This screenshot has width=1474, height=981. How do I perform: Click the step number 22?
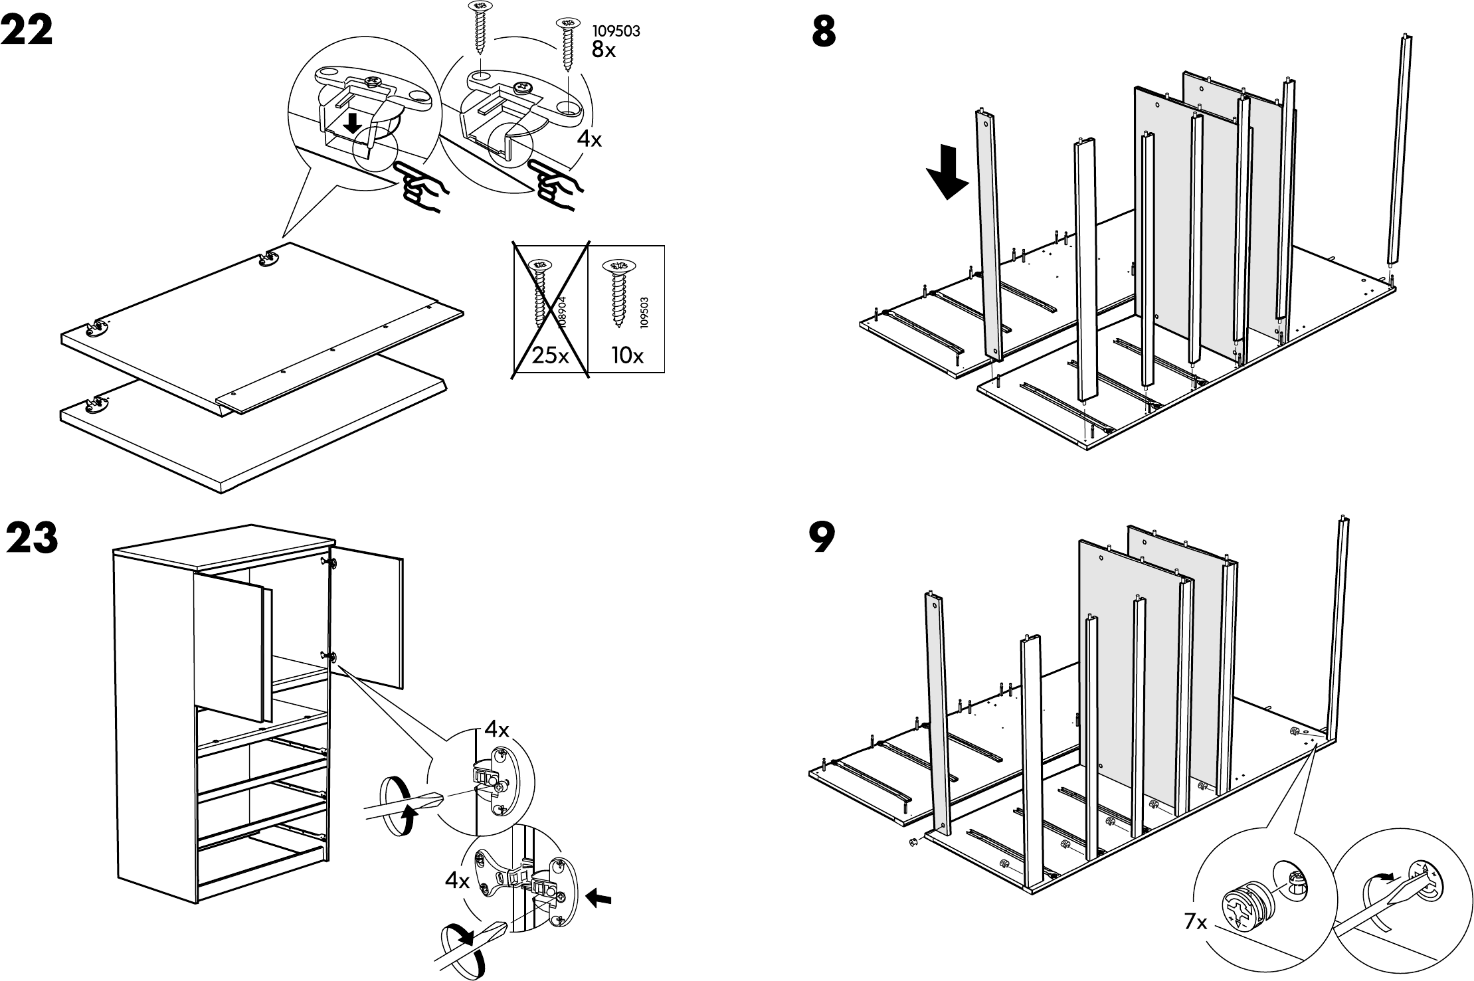point(27,31)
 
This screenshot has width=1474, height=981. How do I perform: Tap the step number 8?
point(824,31)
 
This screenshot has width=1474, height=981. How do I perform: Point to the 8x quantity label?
point(603,49)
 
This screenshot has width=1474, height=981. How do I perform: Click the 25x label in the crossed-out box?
point(551,356)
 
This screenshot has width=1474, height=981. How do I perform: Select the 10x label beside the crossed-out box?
point(628,356)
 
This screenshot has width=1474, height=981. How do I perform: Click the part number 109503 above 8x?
point(616,31)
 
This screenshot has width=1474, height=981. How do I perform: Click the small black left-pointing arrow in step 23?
point(600,899)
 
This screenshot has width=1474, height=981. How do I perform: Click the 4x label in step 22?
point(589,139)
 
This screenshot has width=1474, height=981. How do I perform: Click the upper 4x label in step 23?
point(496,730)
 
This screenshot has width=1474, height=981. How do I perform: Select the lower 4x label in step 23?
point(458,881)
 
